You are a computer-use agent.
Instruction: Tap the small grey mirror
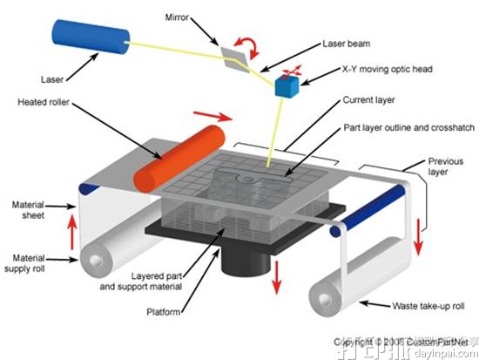coord(234,55)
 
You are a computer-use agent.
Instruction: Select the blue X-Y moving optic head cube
coord(286,86)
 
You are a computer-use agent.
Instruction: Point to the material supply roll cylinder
coord(109,258)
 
